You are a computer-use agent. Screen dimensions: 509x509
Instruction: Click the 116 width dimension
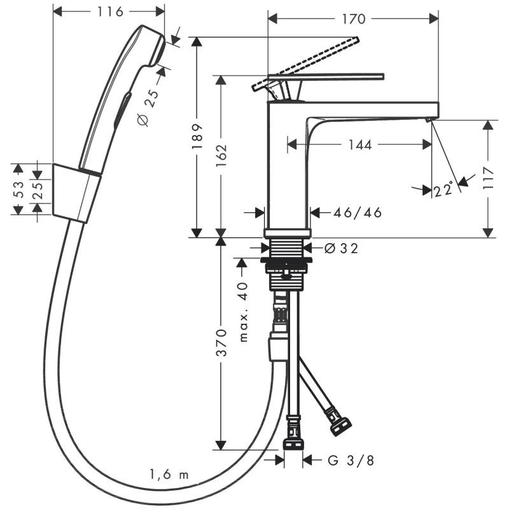pos(110,12)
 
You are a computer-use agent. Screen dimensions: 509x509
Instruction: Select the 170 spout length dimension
pos(354,19)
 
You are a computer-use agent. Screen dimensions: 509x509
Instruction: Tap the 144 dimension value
pos(359,145)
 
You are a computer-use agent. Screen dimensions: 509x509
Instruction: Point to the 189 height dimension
pos(197,136)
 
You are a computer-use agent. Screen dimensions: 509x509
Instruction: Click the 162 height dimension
pos(221,156)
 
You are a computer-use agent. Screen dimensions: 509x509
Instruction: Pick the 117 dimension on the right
pos(488,178)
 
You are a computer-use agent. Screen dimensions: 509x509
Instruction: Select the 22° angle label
pos(443,190)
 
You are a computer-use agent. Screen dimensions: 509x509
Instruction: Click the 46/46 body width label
pos(358,213)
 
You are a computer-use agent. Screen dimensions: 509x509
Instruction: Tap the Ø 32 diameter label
pos(341,249)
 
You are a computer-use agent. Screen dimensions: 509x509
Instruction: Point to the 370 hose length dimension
pos(221,342)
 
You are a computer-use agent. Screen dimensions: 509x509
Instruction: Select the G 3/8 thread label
pos(351,460)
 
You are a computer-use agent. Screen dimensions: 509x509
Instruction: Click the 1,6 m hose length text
pos(169,474)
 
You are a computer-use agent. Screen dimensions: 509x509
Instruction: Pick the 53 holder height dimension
pos(18,190)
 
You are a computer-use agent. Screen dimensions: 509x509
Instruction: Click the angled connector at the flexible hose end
pos(339,422)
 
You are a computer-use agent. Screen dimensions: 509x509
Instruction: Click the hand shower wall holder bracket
pos(76,193)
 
